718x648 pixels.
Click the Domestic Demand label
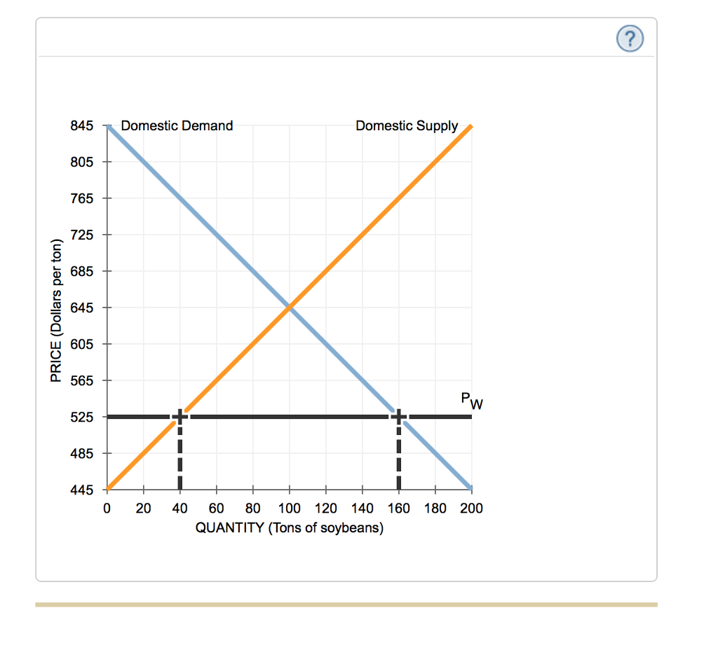point(177,126)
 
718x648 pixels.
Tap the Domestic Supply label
point(407,126)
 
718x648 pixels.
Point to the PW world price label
point(472,401)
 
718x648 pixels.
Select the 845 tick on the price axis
point(82,126)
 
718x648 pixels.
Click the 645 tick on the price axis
point(82,308)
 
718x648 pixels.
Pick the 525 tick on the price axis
point(82,417)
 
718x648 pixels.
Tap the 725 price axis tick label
point(82,235)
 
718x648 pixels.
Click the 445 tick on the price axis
point(82,490)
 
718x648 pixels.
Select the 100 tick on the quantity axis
point(289,508)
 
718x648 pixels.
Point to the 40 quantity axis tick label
point(179,508)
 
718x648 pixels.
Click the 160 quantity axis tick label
point(398,508)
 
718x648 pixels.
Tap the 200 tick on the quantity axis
point(471,508)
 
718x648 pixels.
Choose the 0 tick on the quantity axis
point(107,508)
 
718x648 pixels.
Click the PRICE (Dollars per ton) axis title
point(56,311)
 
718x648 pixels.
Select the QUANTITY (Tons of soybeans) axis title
point(289,528)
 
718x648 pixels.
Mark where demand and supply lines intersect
point(289,307)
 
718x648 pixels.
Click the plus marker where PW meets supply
point(179,416)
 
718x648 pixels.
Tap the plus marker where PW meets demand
point(398,416)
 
